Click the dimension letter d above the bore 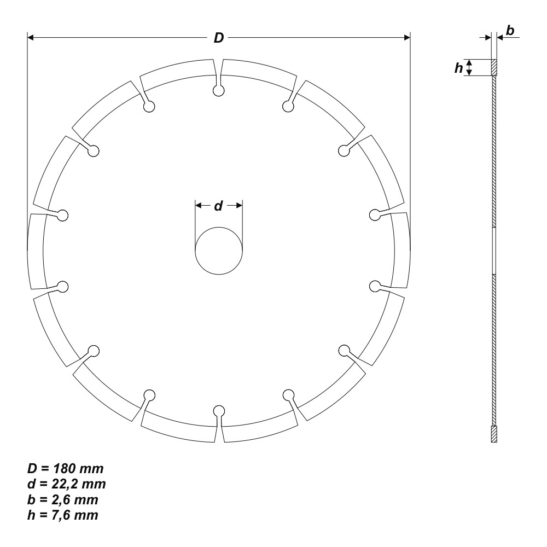(218, 206)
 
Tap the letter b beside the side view (510, 31)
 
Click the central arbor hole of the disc (219, 251)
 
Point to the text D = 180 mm (66, 469)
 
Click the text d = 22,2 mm (67, 484)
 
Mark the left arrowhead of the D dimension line (31, 37)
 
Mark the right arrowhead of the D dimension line (406, 37)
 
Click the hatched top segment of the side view (494, 67)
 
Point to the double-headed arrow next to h (469, 67)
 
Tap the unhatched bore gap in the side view (494, 251)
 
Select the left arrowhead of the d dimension (199, 206)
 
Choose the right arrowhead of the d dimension (238, 206)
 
